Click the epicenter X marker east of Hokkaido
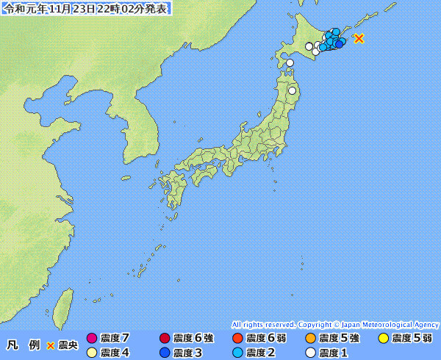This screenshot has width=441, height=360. tap(359, 38)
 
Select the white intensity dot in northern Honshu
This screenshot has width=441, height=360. tap(292, 91)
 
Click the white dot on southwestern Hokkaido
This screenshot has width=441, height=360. tap(290, 63)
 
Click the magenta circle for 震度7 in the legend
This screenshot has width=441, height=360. tap(92, 339)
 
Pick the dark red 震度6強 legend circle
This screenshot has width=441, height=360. tap(165, 339)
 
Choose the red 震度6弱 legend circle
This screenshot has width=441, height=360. tap(237, 339)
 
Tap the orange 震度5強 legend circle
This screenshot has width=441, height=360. tap(310, 339)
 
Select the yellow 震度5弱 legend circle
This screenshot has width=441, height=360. tap(383, 339)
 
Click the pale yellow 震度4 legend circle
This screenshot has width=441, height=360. tap(92, 353)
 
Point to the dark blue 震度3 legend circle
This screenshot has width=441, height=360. tap(165, 353)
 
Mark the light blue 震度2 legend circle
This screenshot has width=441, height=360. tap(237, 353)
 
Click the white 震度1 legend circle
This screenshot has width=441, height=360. tap(310, 353)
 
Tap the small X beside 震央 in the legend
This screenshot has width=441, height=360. tap(51, 345)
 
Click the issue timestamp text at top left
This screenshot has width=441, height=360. tap(87, 9)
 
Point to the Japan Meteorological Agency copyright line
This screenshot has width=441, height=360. tap(335, 324)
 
